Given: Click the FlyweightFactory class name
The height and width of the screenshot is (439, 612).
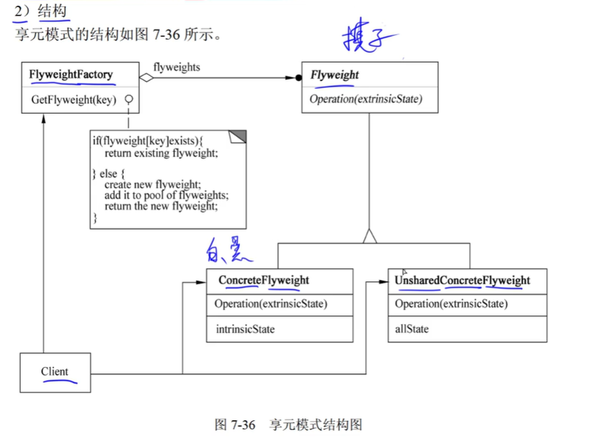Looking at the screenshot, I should click(71, 75).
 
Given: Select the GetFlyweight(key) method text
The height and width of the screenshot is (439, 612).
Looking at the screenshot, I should click(73, 100).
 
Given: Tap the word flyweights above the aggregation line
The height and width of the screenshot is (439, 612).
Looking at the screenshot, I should click(176, 67).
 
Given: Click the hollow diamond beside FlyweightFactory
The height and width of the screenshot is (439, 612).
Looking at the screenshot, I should click(147, 78).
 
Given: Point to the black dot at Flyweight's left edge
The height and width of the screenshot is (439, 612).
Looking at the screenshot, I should click(299, 78).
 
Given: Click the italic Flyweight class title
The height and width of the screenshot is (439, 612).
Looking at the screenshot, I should click(334, 75).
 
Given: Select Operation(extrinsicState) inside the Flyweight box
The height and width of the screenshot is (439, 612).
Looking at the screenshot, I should click(366, 99).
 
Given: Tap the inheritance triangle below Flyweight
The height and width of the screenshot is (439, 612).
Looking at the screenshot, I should click(369, 236).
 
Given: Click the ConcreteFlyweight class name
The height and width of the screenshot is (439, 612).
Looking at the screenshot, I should click(263, 281).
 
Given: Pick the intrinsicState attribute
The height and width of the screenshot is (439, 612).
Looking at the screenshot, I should click(245, 329).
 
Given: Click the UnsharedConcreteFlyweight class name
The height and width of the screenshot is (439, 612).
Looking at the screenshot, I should click(462, 281).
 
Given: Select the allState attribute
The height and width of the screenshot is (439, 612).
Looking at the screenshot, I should click(412, 329).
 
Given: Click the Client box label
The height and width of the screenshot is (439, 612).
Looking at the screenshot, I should click(55, 371).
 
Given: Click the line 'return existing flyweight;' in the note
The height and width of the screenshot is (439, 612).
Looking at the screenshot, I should click(161, 154).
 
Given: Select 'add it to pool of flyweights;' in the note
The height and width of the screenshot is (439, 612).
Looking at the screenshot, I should click(166, 195).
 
